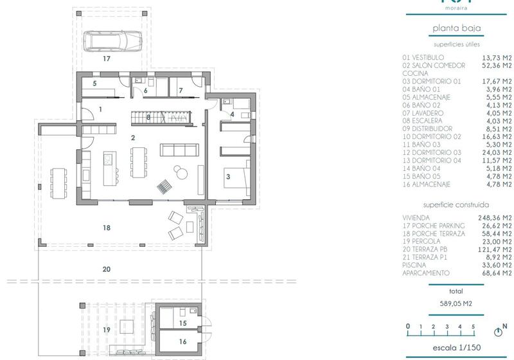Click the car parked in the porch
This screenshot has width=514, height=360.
(x=113, y=41)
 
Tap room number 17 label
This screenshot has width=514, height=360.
(x=107, y=59)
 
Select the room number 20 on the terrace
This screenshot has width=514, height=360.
(x=107, y=269)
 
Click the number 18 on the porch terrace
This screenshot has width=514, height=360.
(x=107, y=228)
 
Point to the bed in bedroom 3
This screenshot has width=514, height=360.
(x=235, y=174)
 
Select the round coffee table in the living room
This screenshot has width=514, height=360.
(x=179, y=171)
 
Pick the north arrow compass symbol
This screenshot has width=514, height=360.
(x=497, y=332)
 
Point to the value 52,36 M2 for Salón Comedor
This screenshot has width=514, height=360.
(x=497, y=65)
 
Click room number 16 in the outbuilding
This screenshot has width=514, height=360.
(x=182, y=342)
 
